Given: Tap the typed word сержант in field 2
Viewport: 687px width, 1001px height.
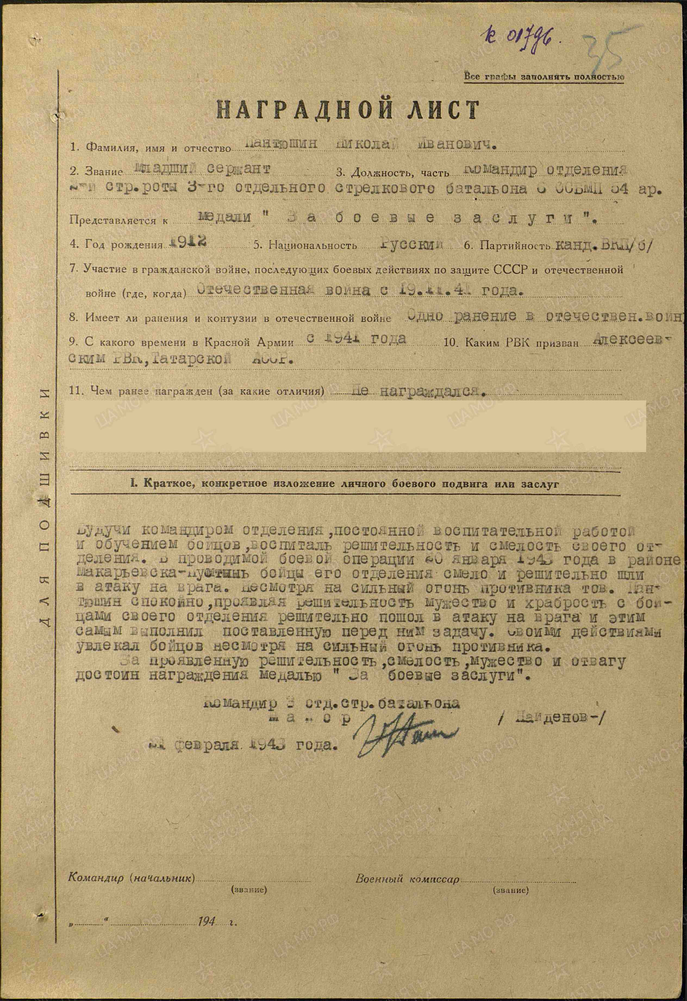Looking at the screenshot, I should (239, 168).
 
